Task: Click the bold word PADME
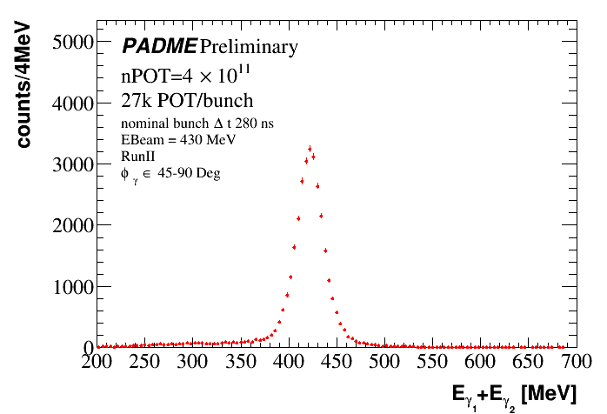[x=159, y=45]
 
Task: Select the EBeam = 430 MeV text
[x=179, y=139]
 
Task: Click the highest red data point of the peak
[x=310, y=148]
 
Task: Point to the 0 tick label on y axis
[x=87, y=347]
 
